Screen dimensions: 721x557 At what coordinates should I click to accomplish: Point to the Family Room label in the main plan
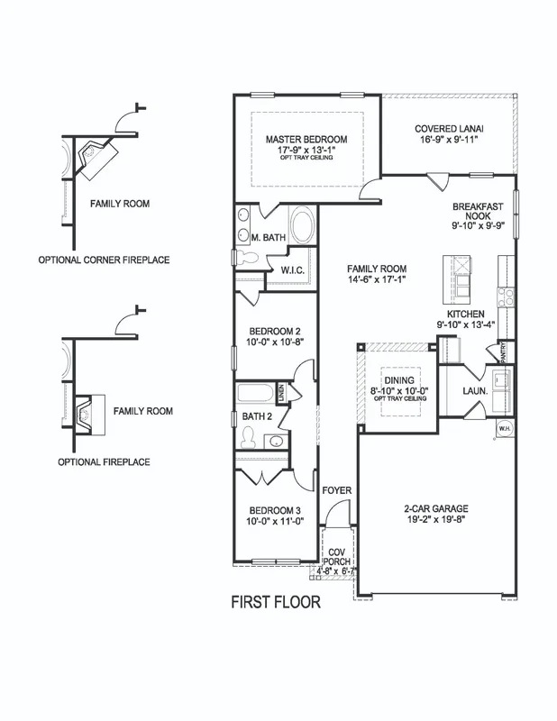(x=377, y=269)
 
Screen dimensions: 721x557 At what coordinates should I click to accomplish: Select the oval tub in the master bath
(x=303, y=224)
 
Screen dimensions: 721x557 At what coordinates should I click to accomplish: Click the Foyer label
(x=337, y=490)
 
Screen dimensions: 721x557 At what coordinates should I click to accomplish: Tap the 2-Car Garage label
(x=435, y=508)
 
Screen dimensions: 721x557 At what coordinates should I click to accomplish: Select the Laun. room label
(x=476, y=391)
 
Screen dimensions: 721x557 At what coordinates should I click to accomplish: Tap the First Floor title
(x=276, y=602)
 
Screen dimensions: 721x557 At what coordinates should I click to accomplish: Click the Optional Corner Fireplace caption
(x=104, y=260)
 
